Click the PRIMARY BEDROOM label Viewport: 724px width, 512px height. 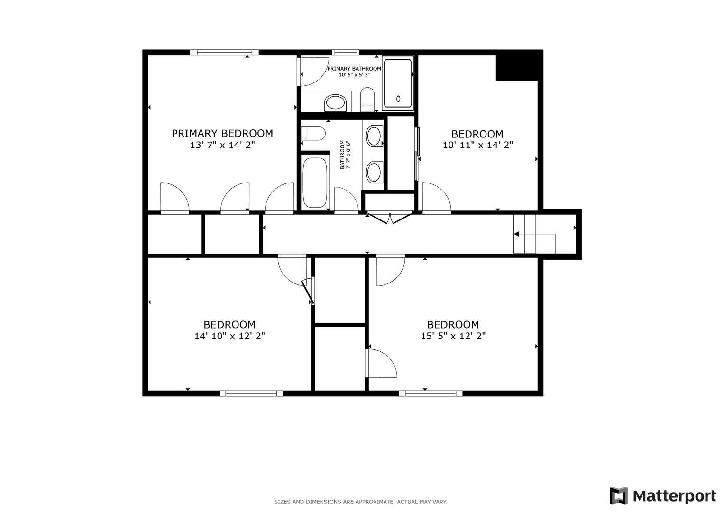(x=222, y=134)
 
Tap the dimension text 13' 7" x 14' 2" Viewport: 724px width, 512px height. (x=222, y=146)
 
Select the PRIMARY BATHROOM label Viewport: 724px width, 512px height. (x=354, y=69)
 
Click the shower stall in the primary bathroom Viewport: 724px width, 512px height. (x=398, y=83)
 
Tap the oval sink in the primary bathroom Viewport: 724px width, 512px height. (x=336, y=102)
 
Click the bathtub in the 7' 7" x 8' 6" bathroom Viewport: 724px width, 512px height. (x=314, y=183)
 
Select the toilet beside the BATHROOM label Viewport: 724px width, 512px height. (x=313, y=133)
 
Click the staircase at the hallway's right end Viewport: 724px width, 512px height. (x=534, y=234)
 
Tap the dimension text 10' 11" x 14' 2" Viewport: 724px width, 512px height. (x=477, y=146)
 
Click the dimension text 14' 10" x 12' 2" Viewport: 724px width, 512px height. (x=229, y=336)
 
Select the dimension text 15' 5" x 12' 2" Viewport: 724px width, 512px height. (x=453, y=336)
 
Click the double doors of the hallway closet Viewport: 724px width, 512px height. (x=390, y=219)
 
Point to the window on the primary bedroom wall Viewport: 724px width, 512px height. (x=224, y=53)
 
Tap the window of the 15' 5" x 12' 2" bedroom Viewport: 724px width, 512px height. (x=431, y=393)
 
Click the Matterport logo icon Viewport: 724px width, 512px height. (x=619, y=496)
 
